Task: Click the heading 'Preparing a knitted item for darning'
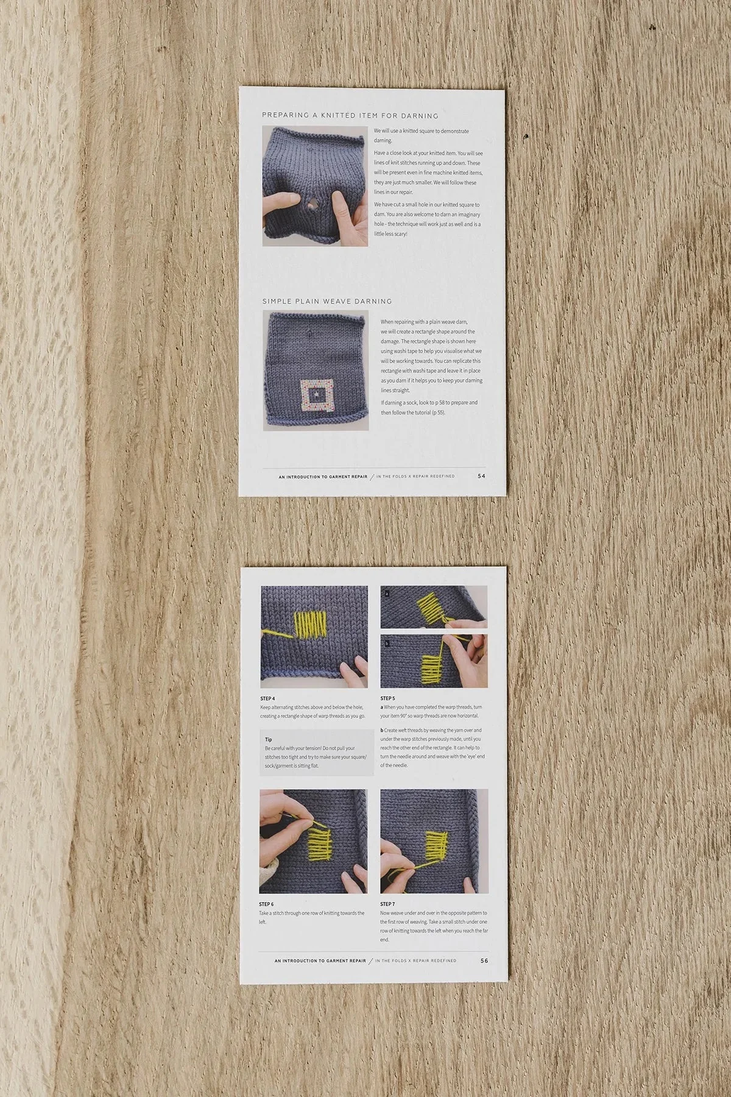350,115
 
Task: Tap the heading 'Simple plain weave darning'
327,301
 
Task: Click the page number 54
481,476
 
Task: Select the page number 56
484,960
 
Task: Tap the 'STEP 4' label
267,698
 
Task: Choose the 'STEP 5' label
387,698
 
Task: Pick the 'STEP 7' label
387,904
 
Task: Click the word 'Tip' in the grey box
269,739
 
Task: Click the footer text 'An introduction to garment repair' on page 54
322,477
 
